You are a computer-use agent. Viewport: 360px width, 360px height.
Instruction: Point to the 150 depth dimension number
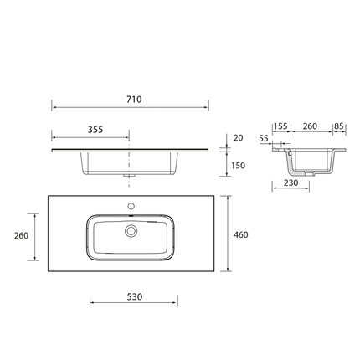pos(239,166)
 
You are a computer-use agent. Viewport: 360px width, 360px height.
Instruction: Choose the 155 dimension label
pos(280,126)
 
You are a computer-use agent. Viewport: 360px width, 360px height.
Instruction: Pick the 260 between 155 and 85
pos(309,126)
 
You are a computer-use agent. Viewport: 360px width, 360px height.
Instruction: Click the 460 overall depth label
pos(241,234)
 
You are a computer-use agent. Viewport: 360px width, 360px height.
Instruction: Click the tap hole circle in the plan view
pos(131,205)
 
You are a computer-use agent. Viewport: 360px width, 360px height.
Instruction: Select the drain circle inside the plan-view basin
pos(131,229)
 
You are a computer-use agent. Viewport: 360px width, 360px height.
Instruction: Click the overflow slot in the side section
pos(290,154)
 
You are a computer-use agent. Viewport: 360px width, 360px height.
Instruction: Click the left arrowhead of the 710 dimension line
pos(54,107)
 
